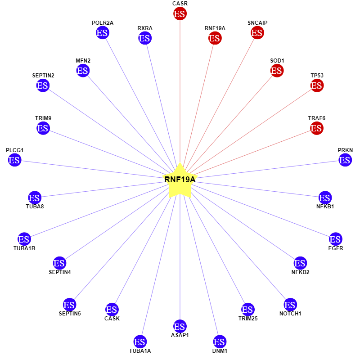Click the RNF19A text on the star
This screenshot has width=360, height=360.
pyautogui.click(x=180, y=180)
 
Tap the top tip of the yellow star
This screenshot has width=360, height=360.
pyautogui.click(x=180, y=163)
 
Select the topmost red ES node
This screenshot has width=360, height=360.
pyautogui.click(x=180, y=14)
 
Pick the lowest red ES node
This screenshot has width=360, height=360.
pyautogui.click(x=316, y=128)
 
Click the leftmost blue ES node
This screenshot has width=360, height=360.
pyautogui.click(x=14, y=160)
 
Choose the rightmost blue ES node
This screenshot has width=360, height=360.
pyautogui.click(x=345, y=160)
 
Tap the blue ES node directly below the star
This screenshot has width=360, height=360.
pyautogui.click(x=180, y=326)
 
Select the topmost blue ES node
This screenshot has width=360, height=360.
pyautogui.click(x=103, y=33)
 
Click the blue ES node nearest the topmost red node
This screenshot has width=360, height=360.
pyautogui.click(x=144, y=38)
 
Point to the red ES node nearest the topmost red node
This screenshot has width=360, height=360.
pyautogui.click(x=215, y=38)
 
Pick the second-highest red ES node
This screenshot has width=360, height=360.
pyautogui.click(x=257, y=33)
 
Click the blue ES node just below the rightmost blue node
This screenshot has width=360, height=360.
pyautogui.click(x=325, y=198)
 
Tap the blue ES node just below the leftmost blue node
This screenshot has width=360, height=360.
pyautogui.click(x=35, y=198)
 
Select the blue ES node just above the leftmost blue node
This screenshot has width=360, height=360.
pyautogui.click(x=43, y=128)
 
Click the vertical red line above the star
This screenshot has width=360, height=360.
pyautogui.click(x=180, y=90)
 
